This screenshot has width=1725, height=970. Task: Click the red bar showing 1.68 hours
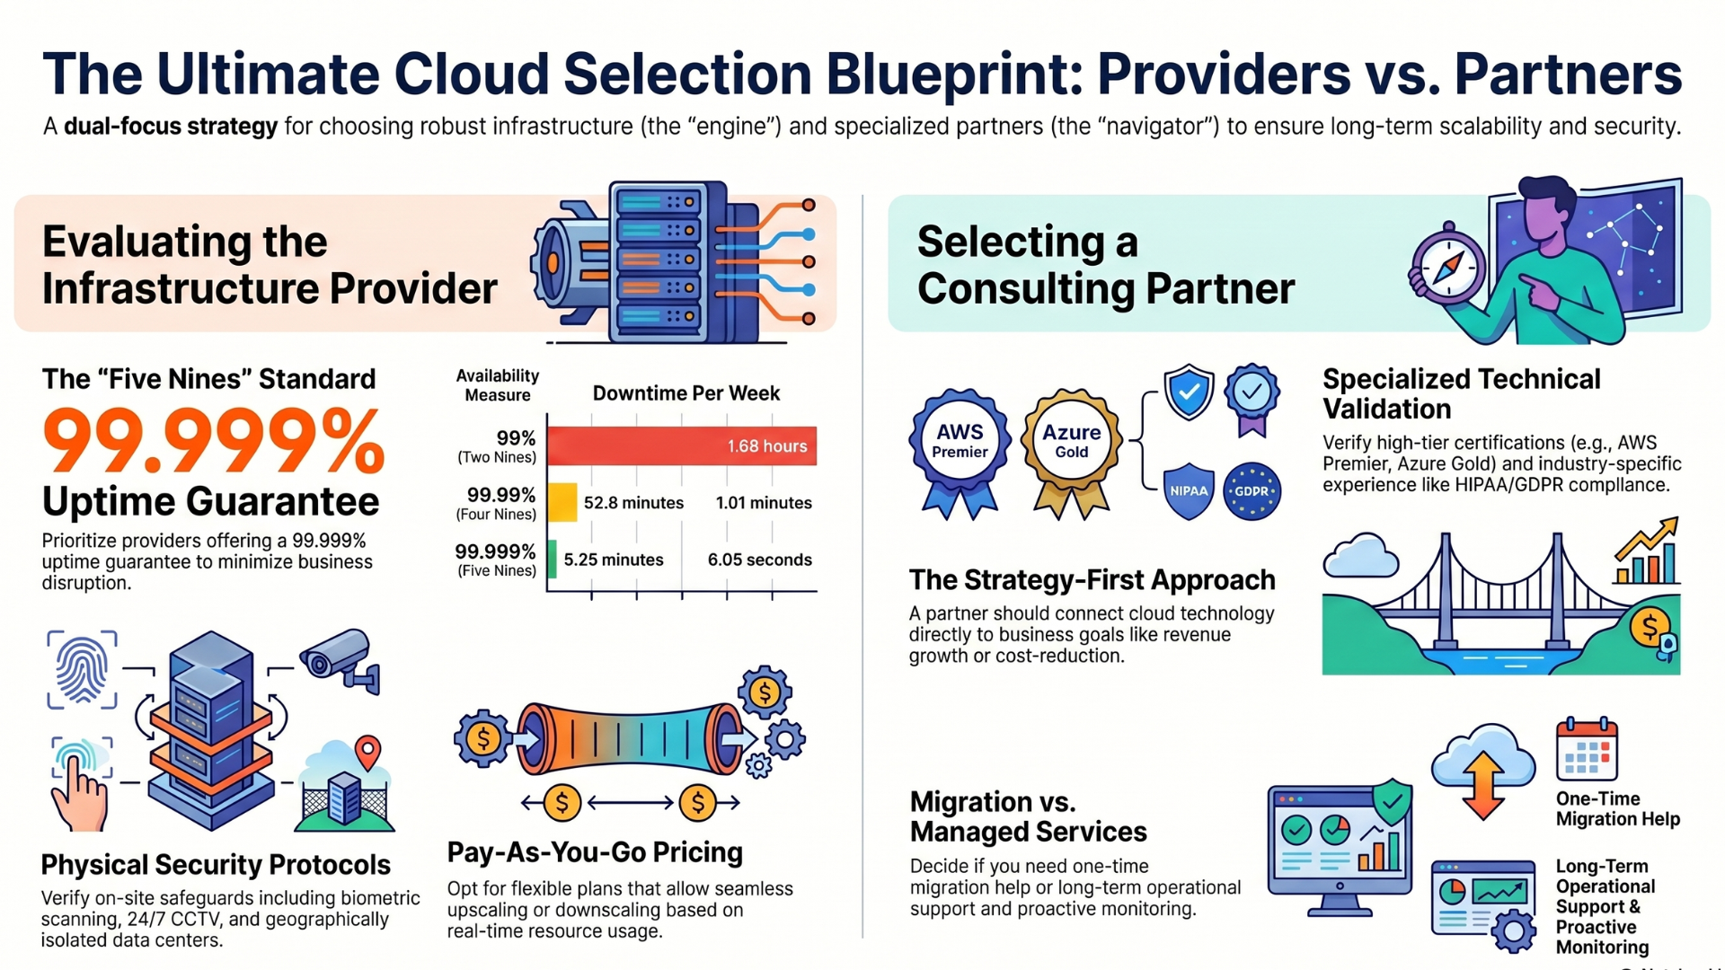pyautogui.click(x=682, y=445)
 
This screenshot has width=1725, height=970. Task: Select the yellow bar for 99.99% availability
pyautogui.click(x=562, y=502)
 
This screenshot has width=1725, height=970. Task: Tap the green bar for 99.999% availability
pyautogui.click(x=552, y=559)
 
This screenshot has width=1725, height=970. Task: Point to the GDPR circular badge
pyautogui.click(x=1252, y=491)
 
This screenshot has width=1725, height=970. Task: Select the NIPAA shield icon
pyautogui.click(x=1189, y=491)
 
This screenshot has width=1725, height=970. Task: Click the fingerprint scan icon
pyautogui.click(x=82, y=669)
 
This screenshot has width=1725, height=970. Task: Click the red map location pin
pyautogui.click(x=367, y=752)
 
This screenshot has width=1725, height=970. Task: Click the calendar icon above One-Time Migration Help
pyautogui.click(x=1587, y=749)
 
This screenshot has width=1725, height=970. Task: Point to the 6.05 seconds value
pyautogui.click(x=759, y=560)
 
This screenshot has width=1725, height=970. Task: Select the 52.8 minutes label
pyautogui.click(x=633, y=503)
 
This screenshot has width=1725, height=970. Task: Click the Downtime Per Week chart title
pyautogui.click(x=686, y=393)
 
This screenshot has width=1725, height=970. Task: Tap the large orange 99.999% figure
pyautogui.click(x=214, y=440)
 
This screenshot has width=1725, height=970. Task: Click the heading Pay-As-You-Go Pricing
pyautogui.click(x=595, y=852)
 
